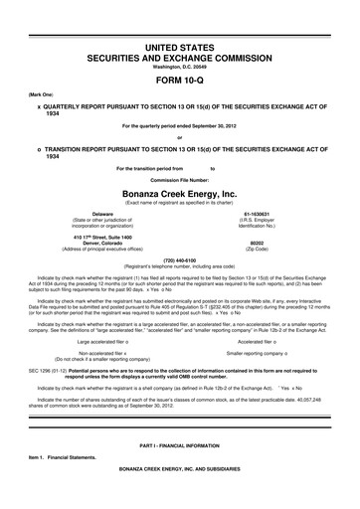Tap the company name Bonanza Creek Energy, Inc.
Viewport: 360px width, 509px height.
(180, 192)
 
